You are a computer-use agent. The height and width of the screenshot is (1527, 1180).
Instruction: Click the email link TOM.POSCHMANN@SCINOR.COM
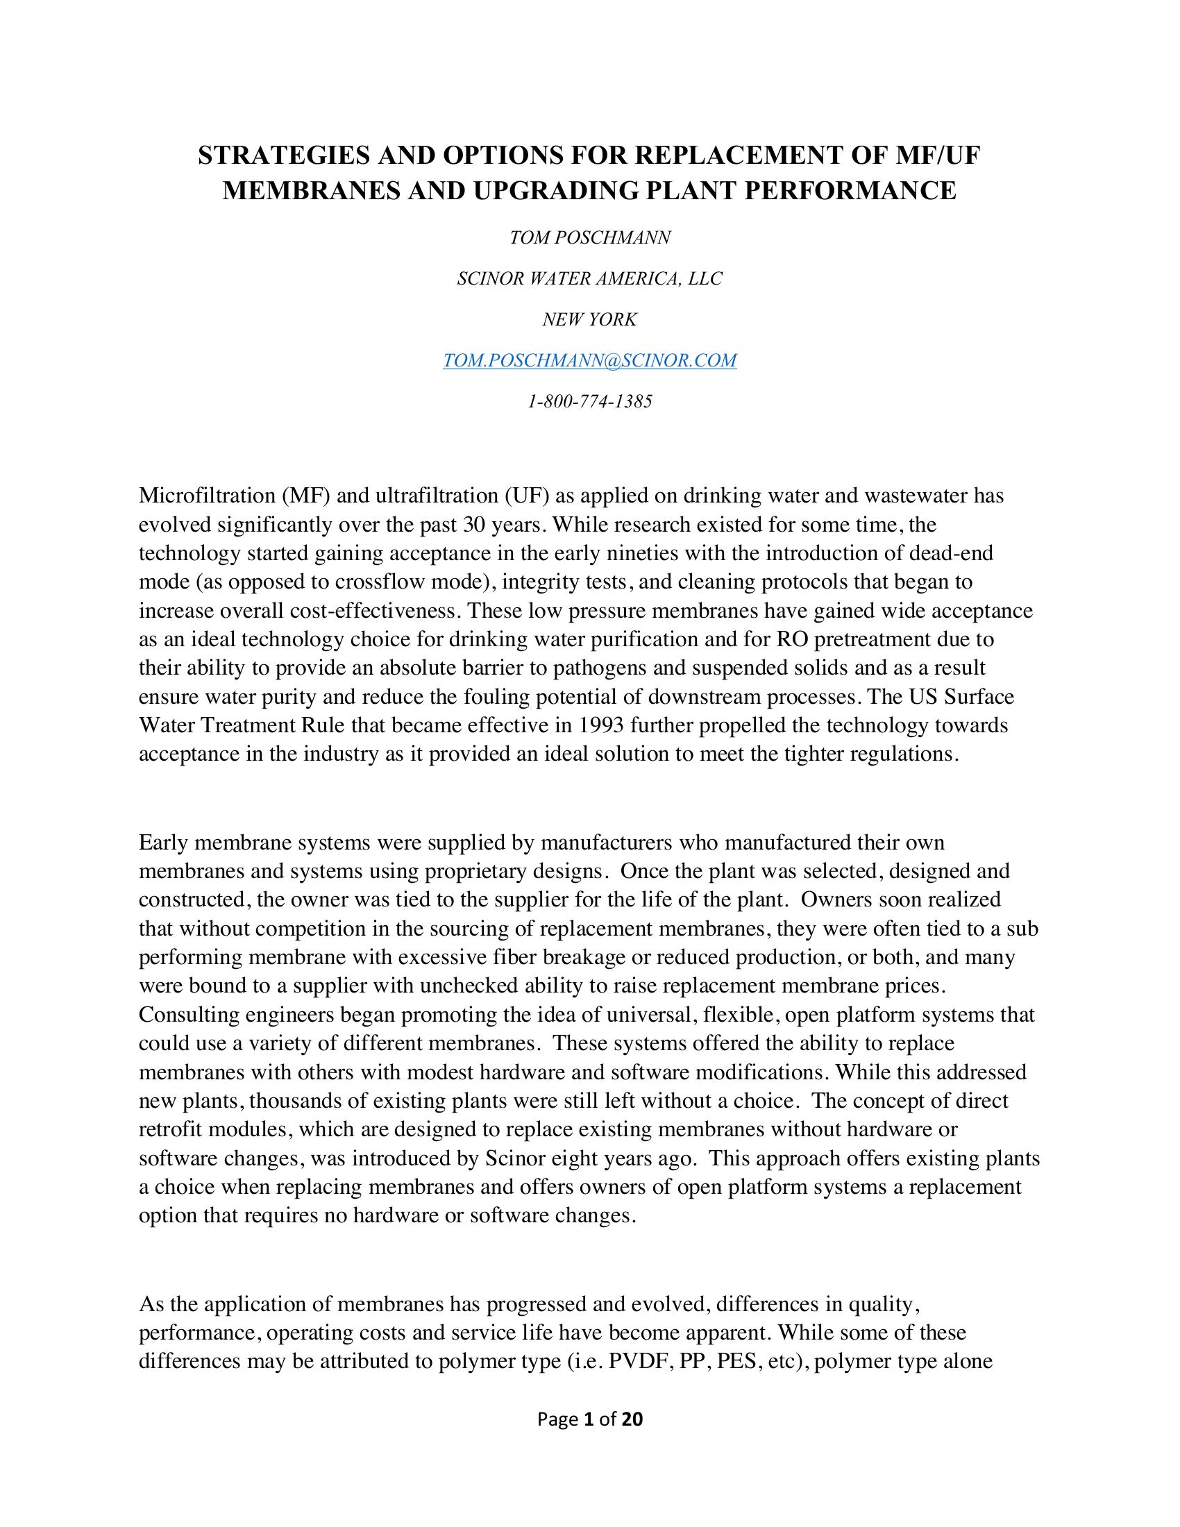(589, 361)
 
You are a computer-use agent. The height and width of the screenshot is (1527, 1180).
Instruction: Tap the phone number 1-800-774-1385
(589, 402)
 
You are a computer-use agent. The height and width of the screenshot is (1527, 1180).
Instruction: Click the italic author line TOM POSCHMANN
(589, 238)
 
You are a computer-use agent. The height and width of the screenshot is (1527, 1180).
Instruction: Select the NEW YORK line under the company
(589, 320)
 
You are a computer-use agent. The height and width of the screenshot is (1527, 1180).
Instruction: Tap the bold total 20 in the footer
(632, 1419)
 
